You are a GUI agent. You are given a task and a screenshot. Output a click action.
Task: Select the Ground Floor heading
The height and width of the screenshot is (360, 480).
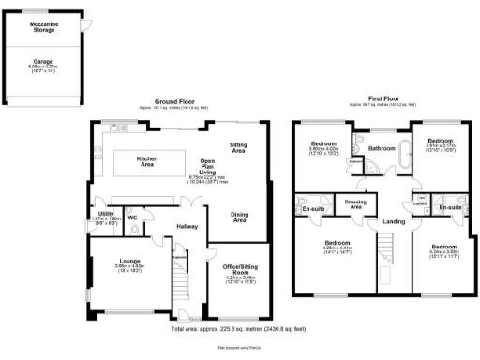[175, 100]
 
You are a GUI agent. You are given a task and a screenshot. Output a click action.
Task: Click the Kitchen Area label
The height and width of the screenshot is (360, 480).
[148, 160]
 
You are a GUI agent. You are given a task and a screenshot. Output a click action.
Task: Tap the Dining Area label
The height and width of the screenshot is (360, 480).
[239, 217]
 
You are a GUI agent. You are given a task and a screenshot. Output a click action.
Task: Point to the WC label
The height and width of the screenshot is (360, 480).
[132, 218]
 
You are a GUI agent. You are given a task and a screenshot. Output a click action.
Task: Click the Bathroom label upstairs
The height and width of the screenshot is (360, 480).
[382, 148]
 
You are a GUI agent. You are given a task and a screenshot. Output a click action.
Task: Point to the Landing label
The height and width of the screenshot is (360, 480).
[393, 221]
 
